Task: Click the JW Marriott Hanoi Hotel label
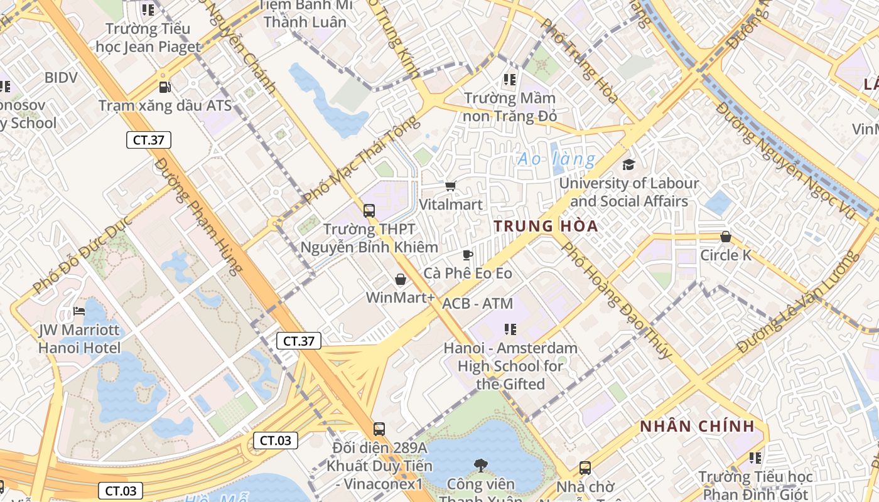point(79,338)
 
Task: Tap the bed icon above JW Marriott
point(79,311)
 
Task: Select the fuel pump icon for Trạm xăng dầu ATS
point(164,87)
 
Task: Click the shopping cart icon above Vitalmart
point(450,186)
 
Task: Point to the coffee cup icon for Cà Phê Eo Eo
point(467,255)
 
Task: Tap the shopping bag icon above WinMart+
point(400,279)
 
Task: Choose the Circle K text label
point(725,255)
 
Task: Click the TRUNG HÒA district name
point(546,227)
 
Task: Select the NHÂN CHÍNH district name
point(697,427)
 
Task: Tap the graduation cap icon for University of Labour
point(628,164)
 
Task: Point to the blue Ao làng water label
point(556,159)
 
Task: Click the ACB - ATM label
point(477,304)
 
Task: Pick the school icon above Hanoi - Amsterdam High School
point(510,329)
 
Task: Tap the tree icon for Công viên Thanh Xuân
point(480,465)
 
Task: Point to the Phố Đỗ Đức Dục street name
point(82,254)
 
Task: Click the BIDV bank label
point(61,78)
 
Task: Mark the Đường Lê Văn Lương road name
point(797,302)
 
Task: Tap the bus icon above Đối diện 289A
point(379,429)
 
